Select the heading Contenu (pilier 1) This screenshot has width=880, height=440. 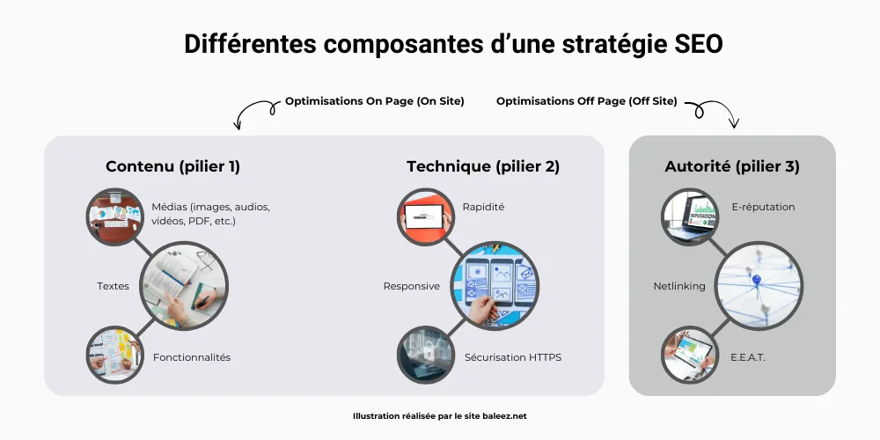click(x=172, y=166)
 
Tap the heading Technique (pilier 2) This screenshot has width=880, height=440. click(x=483, y=166)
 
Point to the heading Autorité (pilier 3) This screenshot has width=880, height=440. click(x=732, y=166)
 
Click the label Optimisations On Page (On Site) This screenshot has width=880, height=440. click(x=374, y=101)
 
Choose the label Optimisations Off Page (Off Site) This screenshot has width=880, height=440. click(x=587, y=101)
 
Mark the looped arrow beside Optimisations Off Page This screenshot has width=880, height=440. click(x=714, y=113)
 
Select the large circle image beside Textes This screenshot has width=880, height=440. click(x=184, y=286)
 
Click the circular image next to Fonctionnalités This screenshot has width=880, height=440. click(x=114, y=354)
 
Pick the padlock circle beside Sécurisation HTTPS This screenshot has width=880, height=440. click(x=425, y=355)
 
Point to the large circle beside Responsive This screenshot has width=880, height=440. click(x=495, y=286)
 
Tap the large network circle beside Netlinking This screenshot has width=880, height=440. click(x=758, y=286)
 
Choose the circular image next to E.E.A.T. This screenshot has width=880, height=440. click(x=688, y=355)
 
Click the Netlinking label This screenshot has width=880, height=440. click(x=679, y=286)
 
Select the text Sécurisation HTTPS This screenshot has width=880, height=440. click(x=513, y=357)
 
